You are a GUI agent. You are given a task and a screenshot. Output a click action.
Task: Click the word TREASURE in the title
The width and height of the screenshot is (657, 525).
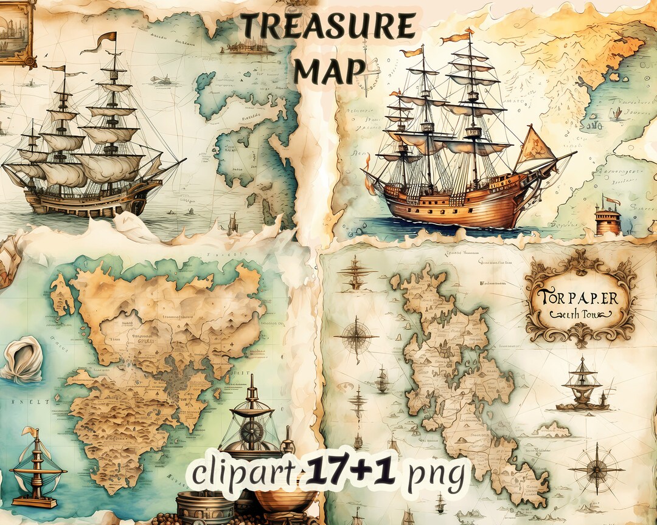328,27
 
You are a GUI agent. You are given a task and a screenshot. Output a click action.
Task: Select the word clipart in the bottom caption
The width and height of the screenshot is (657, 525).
238,473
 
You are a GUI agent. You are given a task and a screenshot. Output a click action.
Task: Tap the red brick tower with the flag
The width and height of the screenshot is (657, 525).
608,219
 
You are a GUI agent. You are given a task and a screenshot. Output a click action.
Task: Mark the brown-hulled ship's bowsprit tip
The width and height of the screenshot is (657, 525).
186,160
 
